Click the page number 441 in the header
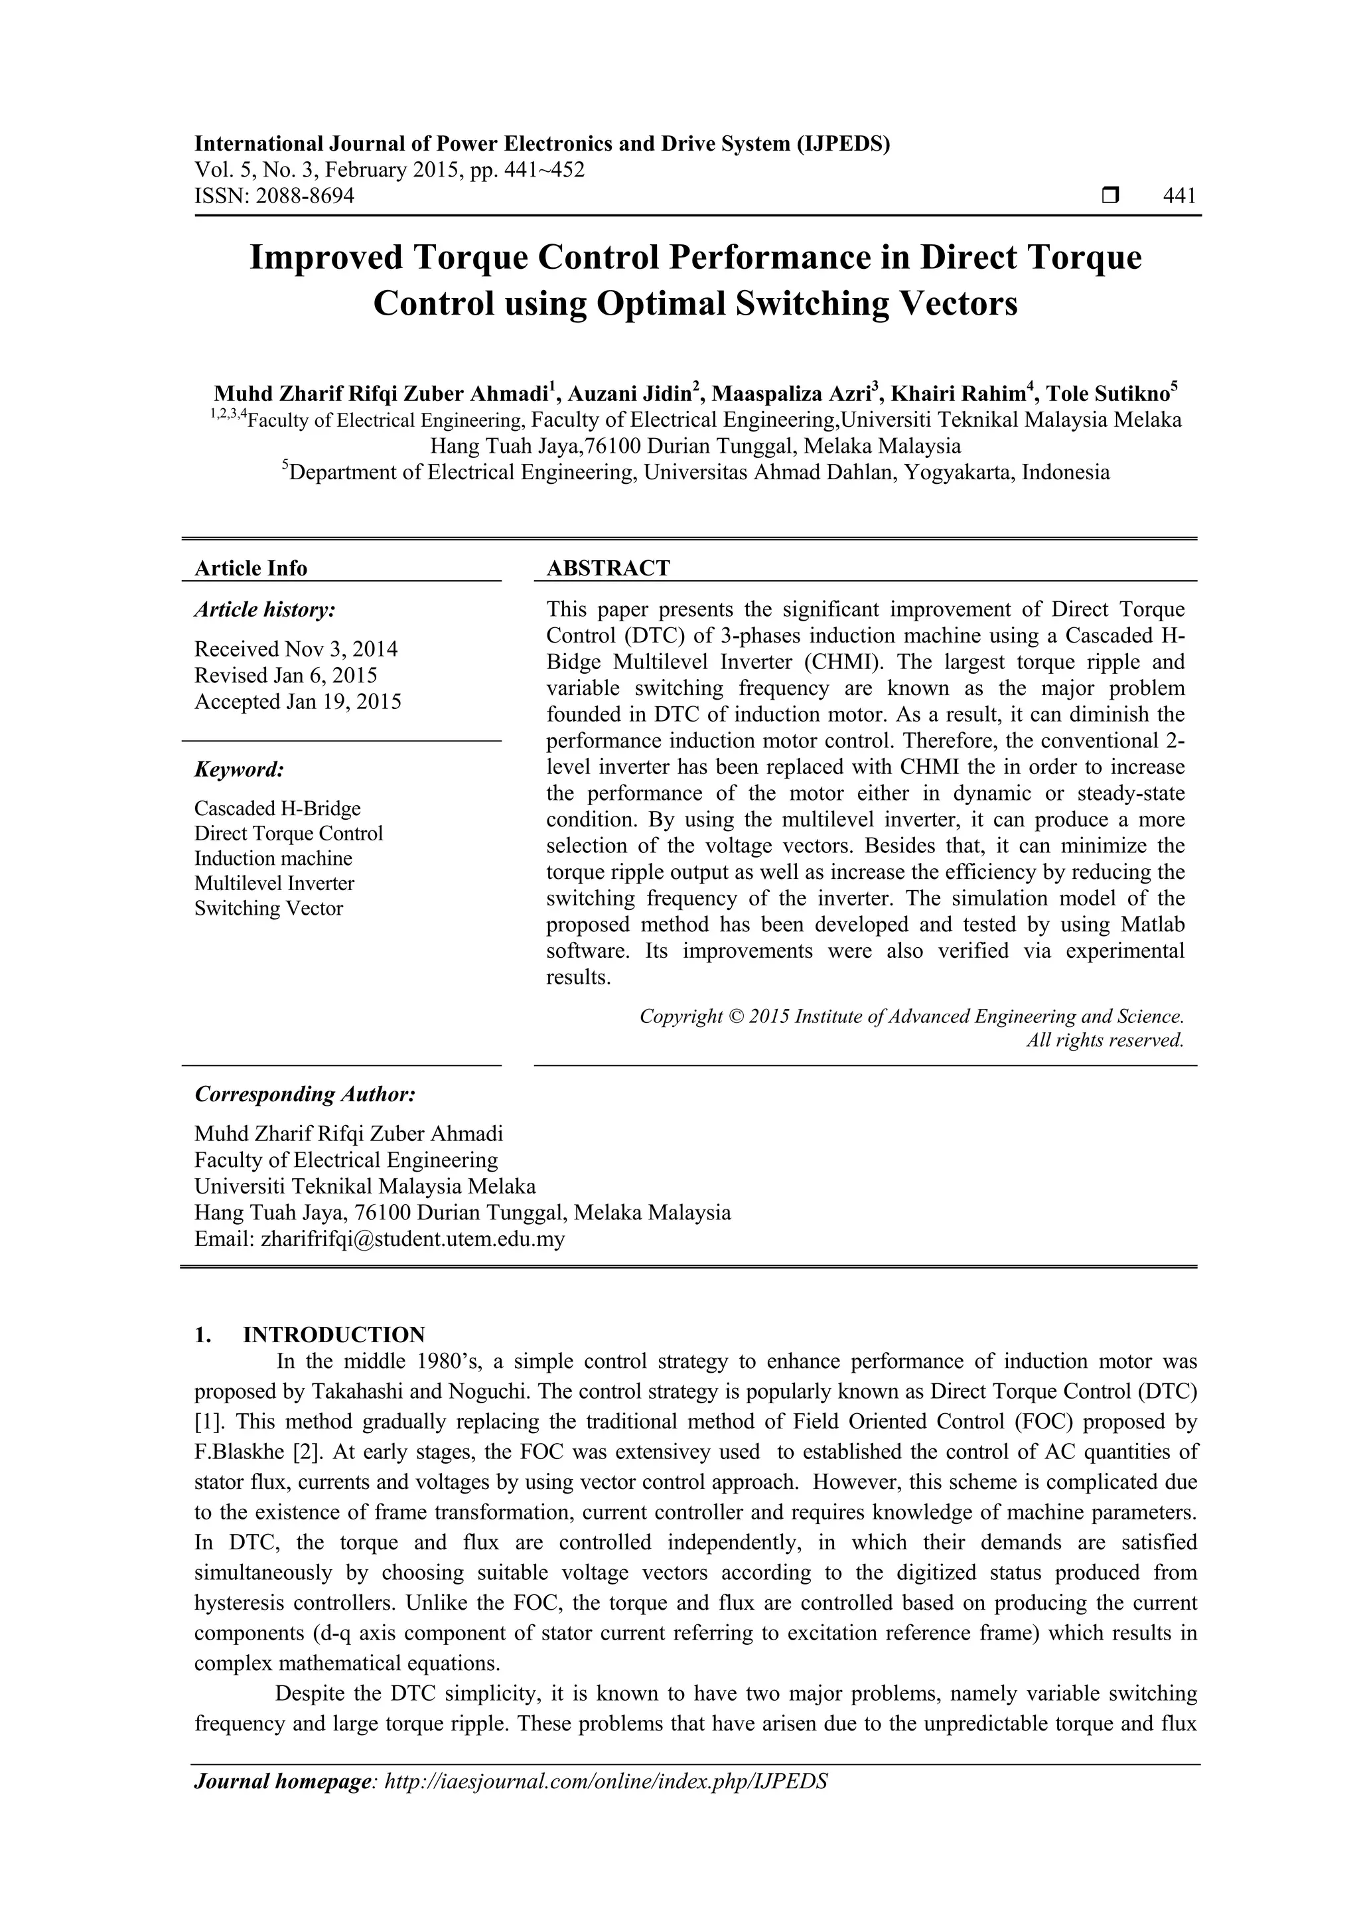(1179, 196)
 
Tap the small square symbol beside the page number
(1110, 196)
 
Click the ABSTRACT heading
(608, 569)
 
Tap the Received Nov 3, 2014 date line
(295, 649)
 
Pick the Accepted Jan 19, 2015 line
(297, 702)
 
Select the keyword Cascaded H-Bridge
(277, 808)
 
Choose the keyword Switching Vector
(268, 909)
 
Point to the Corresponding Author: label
(305, 1095)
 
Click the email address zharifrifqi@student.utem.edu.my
(413, 1239)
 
